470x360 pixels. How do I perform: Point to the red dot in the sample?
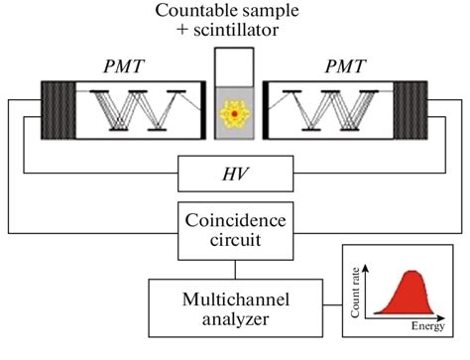click(x=235, y=116)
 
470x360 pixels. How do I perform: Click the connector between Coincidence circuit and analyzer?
click(x=235, y=268)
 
